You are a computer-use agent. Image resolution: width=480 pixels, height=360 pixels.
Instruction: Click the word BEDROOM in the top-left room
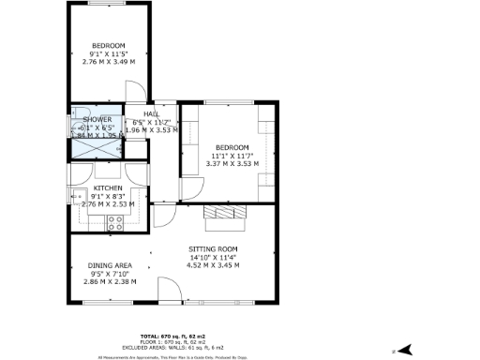[x=108, y=46]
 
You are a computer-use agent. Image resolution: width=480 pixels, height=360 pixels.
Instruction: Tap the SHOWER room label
[x=97, y=120]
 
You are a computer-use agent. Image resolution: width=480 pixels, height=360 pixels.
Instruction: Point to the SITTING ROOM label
[x=215, y=248]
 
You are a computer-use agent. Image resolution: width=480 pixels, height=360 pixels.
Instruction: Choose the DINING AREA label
[x=110, y=265]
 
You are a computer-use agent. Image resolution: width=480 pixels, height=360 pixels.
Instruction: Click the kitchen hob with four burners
[x=116, y=223]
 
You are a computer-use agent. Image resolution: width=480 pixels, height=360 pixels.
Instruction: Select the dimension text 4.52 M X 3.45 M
[x=215, y=265]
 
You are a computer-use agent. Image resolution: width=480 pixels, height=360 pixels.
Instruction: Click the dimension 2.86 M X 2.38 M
[x=110, y=281]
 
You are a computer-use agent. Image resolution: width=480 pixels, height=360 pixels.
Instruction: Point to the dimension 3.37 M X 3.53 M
[x=232, y=163]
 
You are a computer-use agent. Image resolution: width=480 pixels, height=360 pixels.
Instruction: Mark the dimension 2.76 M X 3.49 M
[x=108, y=62]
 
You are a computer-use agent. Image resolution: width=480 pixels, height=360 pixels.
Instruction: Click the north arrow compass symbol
[x=405, y=349]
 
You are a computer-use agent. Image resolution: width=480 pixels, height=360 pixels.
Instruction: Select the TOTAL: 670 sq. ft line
[x=239, y=335]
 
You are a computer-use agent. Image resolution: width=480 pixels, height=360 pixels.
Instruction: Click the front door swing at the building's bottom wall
[x=170, y=291]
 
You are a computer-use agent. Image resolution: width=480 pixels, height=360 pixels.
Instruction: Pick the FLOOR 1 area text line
[x=239, y=340]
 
